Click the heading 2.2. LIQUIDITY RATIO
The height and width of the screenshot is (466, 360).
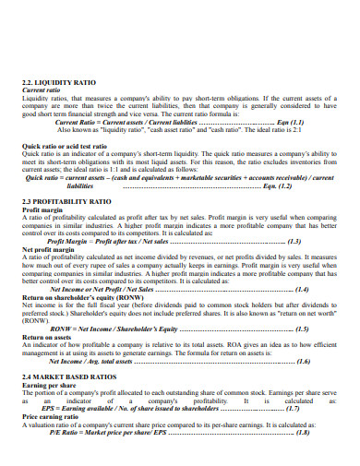coord(57,82)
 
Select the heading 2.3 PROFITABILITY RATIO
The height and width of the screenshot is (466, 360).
coord(66,200)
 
